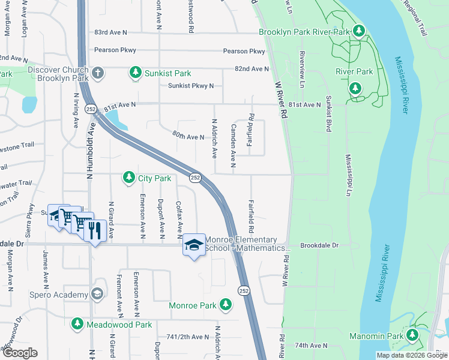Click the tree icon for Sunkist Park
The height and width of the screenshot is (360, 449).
pos(136,73)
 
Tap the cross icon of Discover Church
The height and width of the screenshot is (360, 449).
pos(98,73)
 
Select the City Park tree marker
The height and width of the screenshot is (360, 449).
pos(128,178)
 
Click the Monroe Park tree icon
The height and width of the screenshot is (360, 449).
pos(225,305)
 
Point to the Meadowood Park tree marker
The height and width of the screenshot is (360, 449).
pos(77,324)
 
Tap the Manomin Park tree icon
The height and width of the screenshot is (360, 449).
pos(412,335)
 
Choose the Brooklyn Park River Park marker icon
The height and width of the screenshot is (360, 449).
pos(359,31)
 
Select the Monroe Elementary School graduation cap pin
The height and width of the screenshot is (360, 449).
pos(194,245)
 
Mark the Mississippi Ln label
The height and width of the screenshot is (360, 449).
pos(348,175)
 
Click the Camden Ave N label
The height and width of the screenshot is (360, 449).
pos(234,146)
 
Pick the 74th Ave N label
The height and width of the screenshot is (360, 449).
pos(312,345)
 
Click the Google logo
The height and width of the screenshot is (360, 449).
pos(20,353)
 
